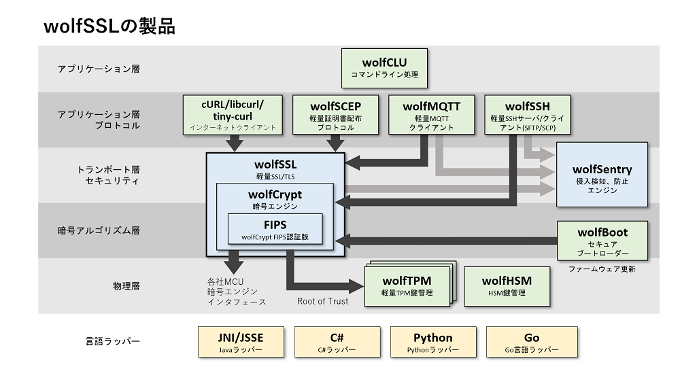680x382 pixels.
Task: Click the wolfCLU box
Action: [384, 67]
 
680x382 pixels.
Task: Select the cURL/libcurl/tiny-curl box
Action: [233, 114]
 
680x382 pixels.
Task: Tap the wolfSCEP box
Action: [335, 114]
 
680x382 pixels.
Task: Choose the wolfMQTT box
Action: [431, 114]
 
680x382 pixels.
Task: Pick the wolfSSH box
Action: [527, 114]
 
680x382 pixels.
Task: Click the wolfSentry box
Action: [602, 175]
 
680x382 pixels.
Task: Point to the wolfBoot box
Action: [602, 240]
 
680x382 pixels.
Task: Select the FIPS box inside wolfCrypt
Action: [275, 230]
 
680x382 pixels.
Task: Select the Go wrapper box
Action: [532, 342]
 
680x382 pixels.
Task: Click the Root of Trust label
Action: [322, 301]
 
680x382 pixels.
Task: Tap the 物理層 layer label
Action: [126, 286]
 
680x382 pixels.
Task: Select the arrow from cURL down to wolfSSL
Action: [235, 143]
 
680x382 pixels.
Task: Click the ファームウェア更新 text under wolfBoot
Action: [602, 269]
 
